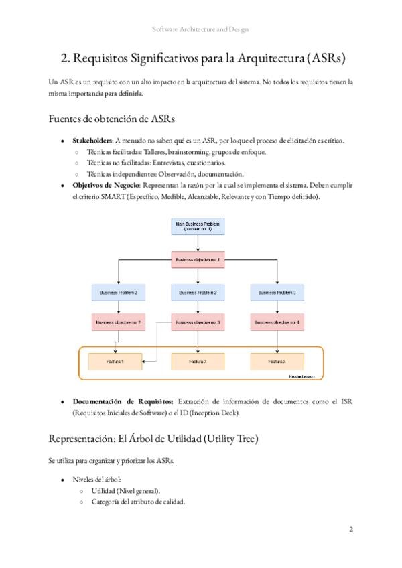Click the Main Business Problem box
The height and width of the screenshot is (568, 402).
(x=198, y=226)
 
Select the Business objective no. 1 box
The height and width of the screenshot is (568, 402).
(x=198, y=259)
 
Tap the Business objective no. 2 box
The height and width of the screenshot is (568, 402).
(x=118, y=322)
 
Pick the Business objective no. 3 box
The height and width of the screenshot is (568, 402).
(x=198, y=322)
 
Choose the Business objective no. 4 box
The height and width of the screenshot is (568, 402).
(x=277, y=322)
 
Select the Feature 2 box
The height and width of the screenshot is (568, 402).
(x=198, y=362)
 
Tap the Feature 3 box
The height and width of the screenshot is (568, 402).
(x=277, y=362)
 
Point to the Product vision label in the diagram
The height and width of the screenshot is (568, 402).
(x=302, y=377)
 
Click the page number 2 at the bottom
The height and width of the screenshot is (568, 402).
(x=350, y=529)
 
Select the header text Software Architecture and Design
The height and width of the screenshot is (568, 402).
(x=200, y=30)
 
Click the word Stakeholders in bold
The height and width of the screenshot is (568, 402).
(x=92, y=141)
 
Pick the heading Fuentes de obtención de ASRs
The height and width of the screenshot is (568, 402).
(x=112, y=119)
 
